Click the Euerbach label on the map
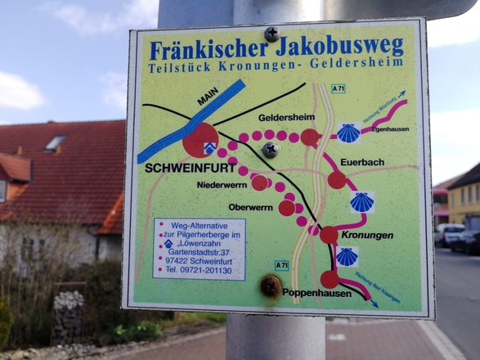pyautogui.click(x=362, y=162)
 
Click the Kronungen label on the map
pyautogui.click(x=367, y=235)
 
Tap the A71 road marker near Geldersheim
pyautogui.click(x=339, y=88)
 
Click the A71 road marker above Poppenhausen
pyautogui.click(x=281, y=264)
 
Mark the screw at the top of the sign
pyautogui.click(x=271, y=34)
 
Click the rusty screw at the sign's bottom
pyautogui.click(x=270, y=286)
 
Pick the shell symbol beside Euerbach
pyautogui.click(x=361, y=201)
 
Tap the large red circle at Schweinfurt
pyautogui.click(x=200, y=140)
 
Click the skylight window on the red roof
pyautogui.click(x=55, y=142)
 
